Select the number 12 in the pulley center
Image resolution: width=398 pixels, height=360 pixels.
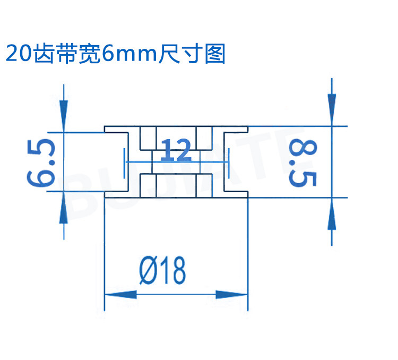click(x=176, y=151)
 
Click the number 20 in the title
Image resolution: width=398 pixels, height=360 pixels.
click(x=18, y=54)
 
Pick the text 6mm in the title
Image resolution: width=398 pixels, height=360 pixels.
click(x=129, y=54)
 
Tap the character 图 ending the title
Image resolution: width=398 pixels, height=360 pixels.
click(x=215, y=54)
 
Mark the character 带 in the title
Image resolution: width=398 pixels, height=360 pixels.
click(x=66, y=54)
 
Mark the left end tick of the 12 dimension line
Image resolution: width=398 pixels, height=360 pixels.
click(x=124, y=161)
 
